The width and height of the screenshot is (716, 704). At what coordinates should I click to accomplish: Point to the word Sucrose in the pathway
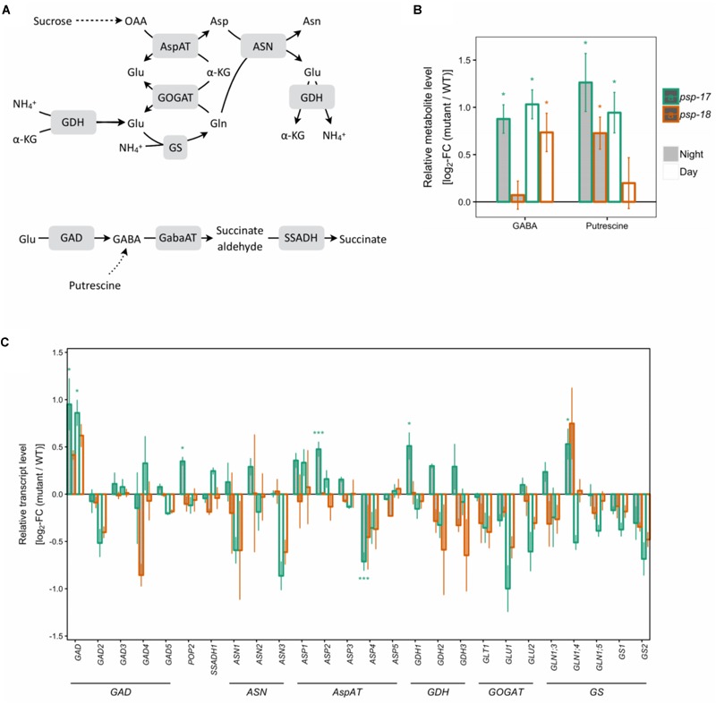point(51,19)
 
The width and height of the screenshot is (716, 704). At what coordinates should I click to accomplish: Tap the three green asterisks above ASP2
point(319,433)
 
